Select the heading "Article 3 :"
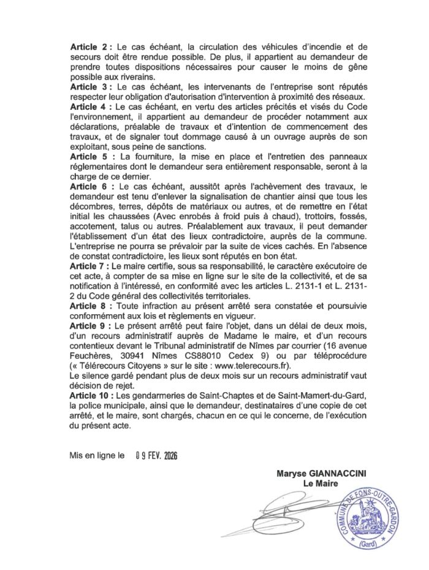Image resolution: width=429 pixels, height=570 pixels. click(x=91, y=88)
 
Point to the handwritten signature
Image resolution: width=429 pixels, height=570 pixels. click(x=288, y=513)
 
